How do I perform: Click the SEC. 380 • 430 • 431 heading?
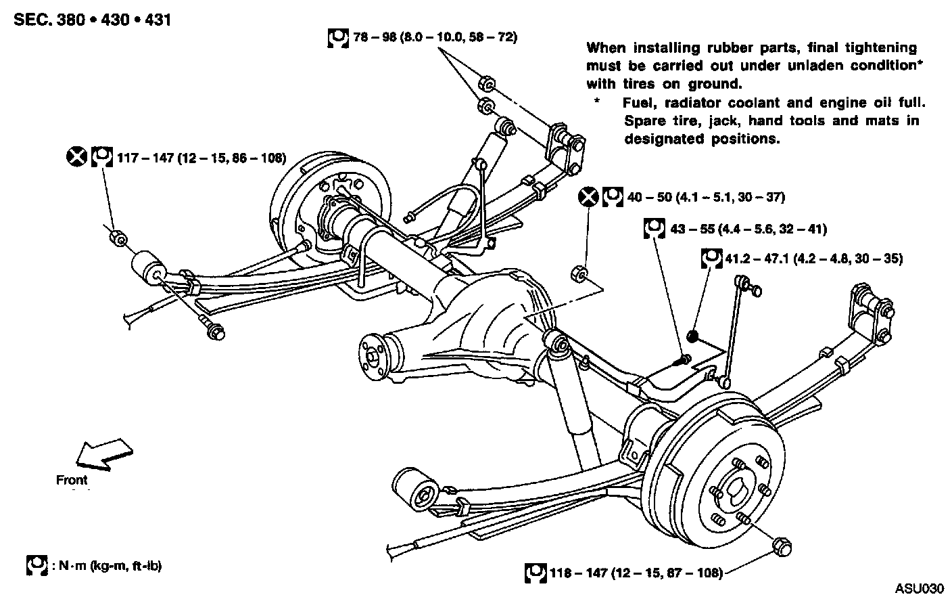tap(92, 19)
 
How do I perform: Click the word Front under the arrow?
tap(72, 480)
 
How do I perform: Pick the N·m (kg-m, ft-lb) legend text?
tap(106, 566)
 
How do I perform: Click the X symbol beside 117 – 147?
tap(76, 157)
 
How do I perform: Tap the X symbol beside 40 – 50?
tap(590, 197)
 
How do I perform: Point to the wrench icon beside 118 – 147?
tap(534, 573)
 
